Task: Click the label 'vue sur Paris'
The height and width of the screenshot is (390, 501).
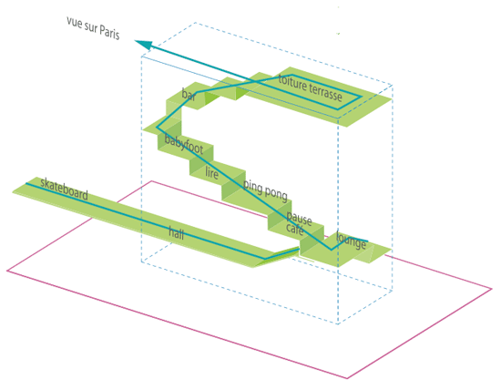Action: click(93, 28)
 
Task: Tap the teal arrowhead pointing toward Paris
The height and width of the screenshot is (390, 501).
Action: click(144, 45)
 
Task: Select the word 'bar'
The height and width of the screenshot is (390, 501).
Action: click(189, 94)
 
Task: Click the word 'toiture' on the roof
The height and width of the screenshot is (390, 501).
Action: click(292, 83)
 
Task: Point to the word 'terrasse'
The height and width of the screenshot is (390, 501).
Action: click(325, 93)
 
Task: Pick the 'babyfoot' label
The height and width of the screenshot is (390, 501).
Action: click(184, 144)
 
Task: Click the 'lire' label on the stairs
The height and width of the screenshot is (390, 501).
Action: click(211, 173)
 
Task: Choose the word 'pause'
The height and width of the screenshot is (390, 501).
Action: click(299, 218)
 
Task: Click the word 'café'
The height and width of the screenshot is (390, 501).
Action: click(294, 228)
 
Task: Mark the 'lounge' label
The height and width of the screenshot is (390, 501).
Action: click(351, 241)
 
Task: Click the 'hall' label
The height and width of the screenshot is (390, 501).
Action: click(177, 233)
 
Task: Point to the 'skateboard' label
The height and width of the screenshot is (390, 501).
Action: click(65, 190)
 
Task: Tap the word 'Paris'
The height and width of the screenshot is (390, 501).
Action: click(109, 33)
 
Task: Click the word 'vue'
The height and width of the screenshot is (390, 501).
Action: click(74, 23)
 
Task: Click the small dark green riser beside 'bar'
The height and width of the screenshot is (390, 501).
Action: click(212, 97)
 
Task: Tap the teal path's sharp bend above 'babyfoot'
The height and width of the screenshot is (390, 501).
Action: click(157, 128)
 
